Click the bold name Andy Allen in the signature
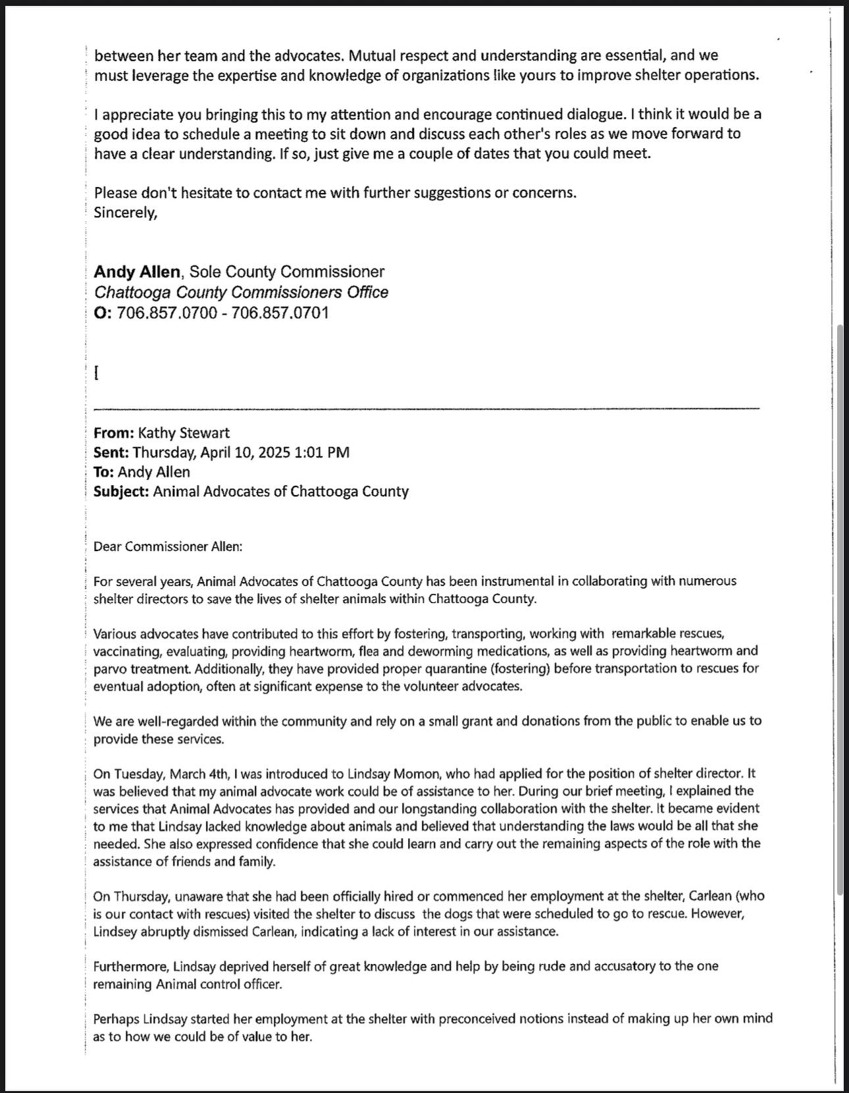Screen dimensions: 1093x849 (137, 272)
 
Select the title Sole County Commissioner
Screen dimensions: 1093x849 (287, 272)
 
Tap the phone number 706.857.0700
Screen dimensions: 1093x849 (167, 313)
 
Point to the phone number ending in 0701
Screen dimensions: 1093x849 (280, 313)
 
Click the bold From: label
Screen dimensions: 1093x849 (114, 433)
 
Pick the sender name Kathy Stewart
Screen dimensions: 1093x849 (184, 433)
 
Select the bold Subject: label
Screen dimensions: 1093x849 (122, 492)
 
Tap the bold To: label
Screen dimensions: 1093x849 (104, 472)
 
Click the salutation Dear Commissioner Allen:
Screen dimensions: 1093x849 (168, 546)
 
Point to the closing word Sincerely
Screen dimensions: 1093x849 (125, 213)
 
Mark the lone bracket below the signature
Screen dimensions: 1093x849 (97, 373)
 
